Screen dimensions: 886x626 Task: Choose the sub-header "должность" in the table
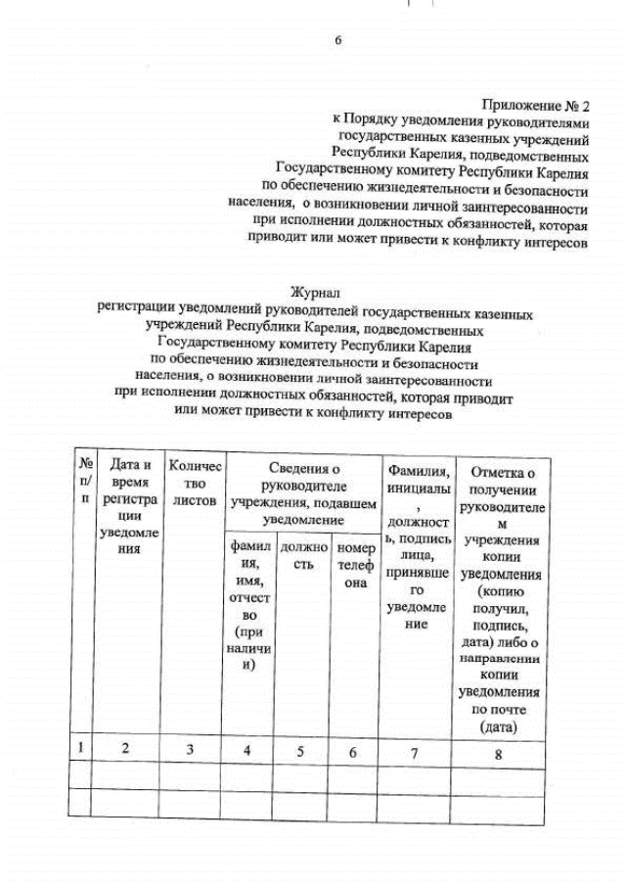303,557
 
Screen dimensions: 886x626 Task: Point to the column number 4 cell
247,751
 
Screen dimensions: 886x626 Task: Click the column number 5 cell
300,752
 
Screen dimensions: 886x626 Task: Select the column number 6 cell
353,752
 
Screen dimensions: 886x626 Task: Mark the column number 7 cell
414,753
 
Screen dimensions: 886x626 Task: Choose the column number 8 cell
498,754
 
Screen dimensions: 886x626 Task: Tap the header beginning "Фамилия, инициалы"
418,549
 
